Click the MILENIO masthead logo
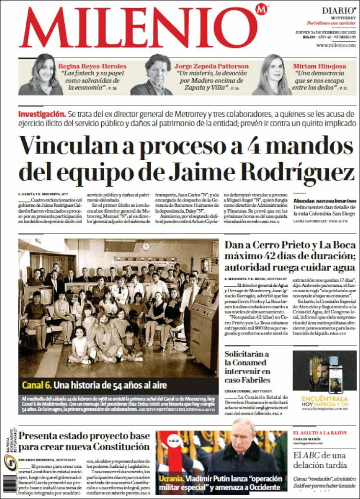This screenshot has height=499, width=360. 138,28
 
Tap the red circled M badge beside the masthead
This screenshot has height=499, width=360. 262,9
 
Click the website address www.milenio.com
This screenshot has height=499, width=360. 336,45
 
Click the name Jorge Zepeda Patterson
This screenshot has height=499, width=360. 211,66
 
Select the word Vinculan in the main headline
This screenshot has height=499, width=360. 64,145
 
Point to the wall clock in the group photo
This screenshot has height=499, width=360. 146,246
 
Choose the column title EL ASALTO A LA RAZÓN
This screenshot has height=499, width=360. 320,433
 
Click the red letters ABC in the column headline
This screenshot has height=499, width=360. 313,455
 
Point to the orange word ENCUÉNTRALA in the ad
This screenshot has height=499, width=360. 324,399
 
